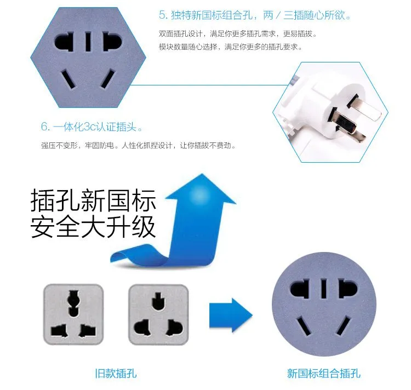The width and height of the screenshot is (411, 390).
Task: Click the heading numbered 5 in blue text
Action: click(254, 15)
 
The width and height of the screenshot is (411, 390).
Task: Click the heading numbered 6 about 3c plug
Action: click(92, 127)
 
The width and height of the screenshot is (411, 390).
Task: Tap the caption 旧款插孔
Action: click(116, 373)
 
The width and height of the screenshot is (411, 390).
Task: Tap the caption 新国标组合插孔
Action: click(324, 373)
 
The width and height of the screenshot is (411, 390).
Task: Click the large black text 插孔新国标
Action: click(93, 200)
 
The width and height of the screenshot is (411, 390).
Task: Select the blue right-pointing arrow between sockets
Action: click(231, 315)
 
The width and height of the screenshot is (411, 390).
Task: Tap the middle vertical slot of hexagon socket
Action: click(88, 42)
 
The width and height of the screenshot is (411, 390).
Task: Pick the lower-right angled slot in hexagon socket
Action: click(108, 78)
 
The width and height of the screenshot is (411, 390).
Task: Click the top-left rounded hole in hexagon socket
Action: click(64, 42)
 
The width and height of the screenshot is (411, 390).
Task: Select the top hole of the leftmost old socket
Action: click(73, 303)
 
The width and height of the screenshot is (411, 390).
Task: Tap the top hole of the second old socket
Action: click(158, 301)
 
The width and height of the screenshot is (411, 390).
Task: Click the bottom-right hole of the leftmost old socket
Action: click(87, 330)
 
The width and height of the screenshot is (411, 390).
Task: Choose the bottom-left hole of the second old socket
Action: click(142, 328)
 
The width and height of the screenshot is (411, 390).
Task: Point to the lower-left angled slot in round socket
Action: click(304, 326)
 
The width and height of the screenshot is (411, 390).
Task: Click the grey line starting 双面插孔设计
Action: click(238, 33)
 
